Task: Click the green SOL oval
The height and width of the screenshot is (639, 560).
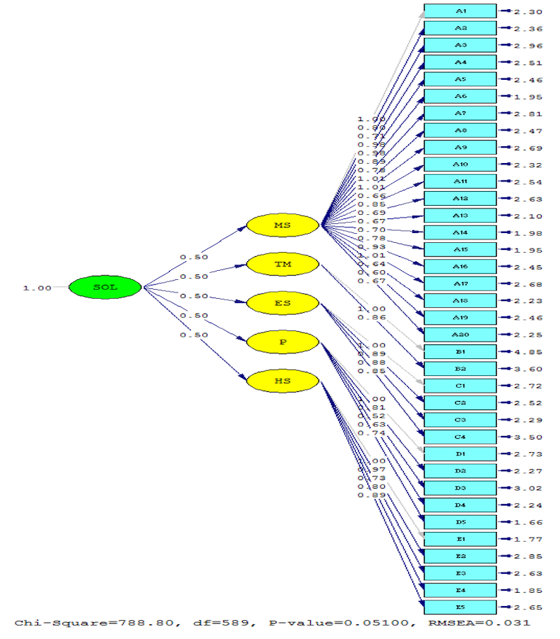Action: click(105, 287)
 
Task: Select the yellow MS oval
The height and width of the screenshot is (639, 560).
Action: click(283, 225)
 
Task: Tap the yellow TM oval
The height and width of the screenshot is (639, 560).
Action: click(283, 265)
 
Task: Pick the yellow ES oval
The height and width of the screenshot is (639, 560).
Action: click(283, 304)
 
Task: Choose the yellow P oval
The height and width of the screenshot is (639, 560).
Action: click(283, 342)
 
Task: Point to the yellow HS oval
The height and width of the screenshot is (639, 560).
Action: click(283, 381)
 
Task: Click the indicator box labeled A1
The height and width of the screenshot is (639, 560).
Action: click(461, 11)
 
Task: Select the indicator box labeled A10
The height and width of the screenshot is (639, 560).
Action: click(461, 164)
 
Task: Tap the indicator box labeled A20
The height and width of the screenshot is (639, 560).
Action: click(461, 335)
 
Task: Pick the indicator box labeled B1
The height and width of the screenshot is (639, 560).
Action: click(461, 351)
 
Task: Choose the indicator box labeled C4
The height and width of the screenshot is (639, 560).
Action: click(461, 437)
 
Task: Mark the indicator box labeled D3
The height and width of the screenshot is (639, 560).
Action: click(461, 488)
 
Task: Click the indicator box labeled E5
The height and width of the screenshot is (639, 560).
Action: click(461, 607)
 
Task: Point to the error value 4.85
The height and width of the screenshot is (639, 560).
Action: click(527, 352)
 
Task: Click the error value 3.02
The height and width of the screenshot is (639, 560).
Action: click(527, 489)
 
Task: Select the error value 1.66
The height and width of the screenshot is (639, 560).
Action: click(527, 522)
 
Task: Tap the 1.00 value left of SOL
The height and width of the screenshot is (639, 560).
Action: click(37, 288)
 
